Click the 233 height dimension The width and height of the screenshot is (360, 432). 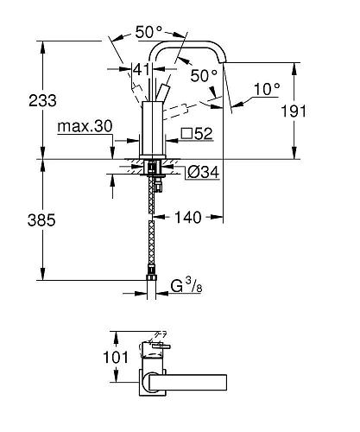pyautogui.click(x=42, y=101)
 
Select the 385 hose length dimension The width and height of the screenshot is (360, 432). pyautogui.click(x=41, y=220)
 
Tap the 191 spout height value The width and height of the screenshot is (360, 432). pyautogui.click(x=294, y=111)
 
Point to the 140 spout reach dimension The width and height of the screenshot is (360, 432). pyautogui.click(x=188, y=218)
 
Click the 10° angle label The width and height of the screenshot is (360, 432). pyautogui.click(x=267, y=89)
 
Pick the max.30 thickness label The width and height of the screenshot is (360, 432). pyautogui.click(x=85, y=126)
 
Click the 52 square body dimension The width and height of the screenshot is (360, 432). pyautogui.click(x=204, y=133)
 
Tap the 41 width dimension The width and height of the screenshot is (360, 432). pyautogui.click(x=142, y=69)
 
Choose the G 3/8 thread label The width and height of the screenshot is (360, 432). pyautogui.click(x=186, y=285)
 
